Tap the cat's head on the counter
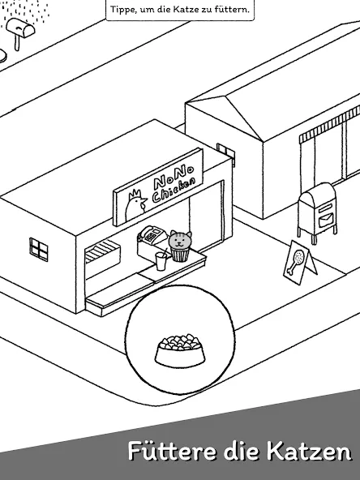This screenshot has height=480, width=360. [x=180, y=240]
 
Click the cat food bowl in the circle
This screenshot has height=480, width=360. [x=180, y=350]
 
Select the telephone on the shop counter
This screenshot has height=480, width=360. [x=152, y=235]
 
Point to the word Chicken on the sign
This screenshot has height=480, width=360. [x=174, y=190]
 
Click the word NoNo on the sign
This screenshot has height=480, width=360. [x=174, y=177]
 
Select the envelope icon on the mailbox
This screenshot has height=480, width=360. [x=326, y=220]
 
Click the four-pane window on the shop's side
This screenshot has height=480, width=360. [x=39, y=249]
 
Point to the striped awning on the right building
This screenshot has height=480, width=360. [x=329, y=125]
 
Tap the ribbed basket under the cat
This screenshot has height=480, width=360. [x=180, y=254]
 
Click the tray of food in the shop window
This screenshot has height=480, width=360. [x=102, y=251]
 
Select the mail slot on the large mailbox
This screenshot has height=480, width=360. [x=325, y=208]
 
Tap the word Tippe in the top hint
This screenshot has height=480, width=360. [x=122, y=10]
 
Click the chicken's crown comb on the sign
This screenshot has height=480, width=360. [x=135, y=194]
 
